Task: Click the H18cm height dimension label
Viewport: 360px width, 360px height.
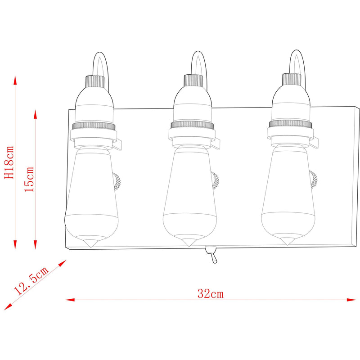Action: click(9, 162)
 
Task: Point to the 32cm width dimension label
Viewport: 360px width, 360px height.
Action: click(210, 294)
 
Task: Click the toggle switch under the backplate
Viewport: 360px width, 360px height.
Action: click(211, 254)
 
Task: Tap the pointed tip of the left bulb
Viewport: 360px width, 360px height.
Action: click(91, 247)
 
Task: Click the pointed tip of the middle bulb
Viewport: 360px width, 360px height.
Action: click(189, 245)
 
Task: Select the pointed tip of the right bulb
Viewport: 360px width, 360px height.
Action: click(287, 244)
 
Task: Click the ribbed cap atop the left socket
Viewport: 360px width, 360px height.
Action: click(95, 81)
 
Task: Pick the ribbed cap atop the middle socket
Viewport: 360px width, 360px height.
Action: click(193, 81)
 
